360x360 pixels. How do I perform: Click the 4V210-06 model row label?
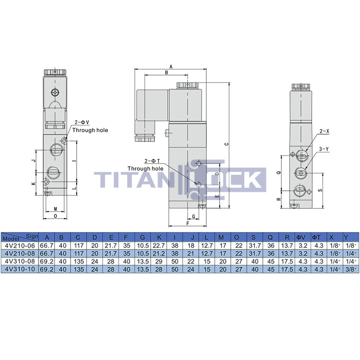click(x=20, y=246)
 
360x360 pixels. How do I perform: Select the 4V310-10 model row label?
click(x=20, y=269)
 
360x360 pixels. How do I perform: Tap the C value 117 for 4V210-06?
click(x=79, y=246)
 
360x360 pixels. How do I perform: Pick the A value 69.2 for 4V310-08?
click(x=47, y=261)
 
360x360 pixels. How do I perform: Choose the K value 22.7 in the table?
click(x=158, y=246)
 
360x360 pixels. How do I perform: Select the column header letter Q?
click(x=270, y=238)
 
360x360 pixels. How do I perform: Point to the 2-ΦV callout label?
click(x=82, y=122)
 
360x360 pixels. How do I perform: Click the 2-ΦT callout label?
click(x=152, y=161)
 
